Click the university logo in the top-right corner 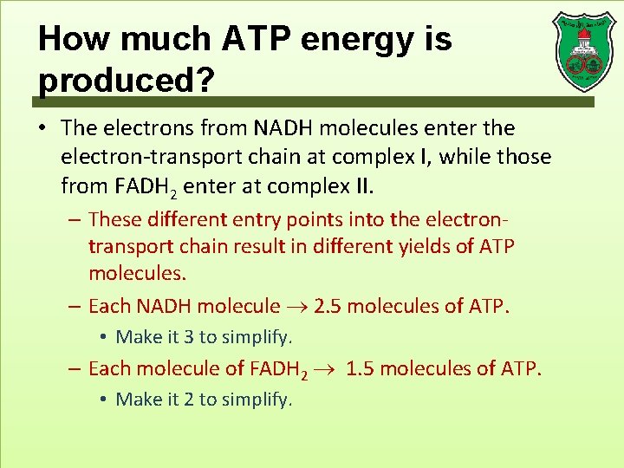582,51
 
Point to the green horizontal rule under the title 316,101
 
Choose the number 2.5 331,306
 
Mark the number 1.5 361,368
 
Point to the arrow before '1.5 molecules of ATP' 328,369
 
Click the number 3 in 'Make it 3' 189,336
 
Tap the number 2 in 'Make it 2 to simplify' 189,400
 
